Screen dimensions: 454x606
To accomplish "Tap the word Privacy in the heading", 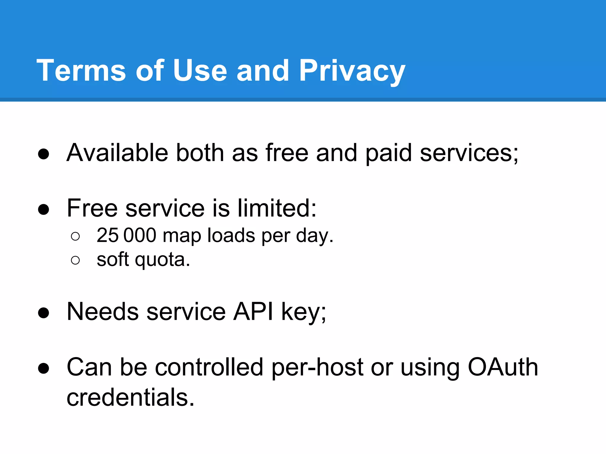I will click(352, 71).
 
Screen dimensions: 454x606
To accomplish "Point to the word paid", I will click(389, 153).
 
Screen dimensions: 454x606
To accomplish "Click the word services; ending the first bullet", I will click(469, 153).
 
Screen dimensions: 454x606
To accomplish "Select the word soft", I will click(113, 259).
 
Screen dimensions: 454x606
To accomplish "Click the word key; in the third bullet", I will click(304, 312).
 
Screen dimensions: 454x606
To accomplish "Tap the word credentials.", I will click(130, 397).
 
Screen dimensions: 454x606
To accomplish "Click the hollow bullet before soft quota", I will click(75, 260).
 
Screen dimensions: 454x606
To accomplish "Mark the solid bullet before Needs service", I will click(43, 313).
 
